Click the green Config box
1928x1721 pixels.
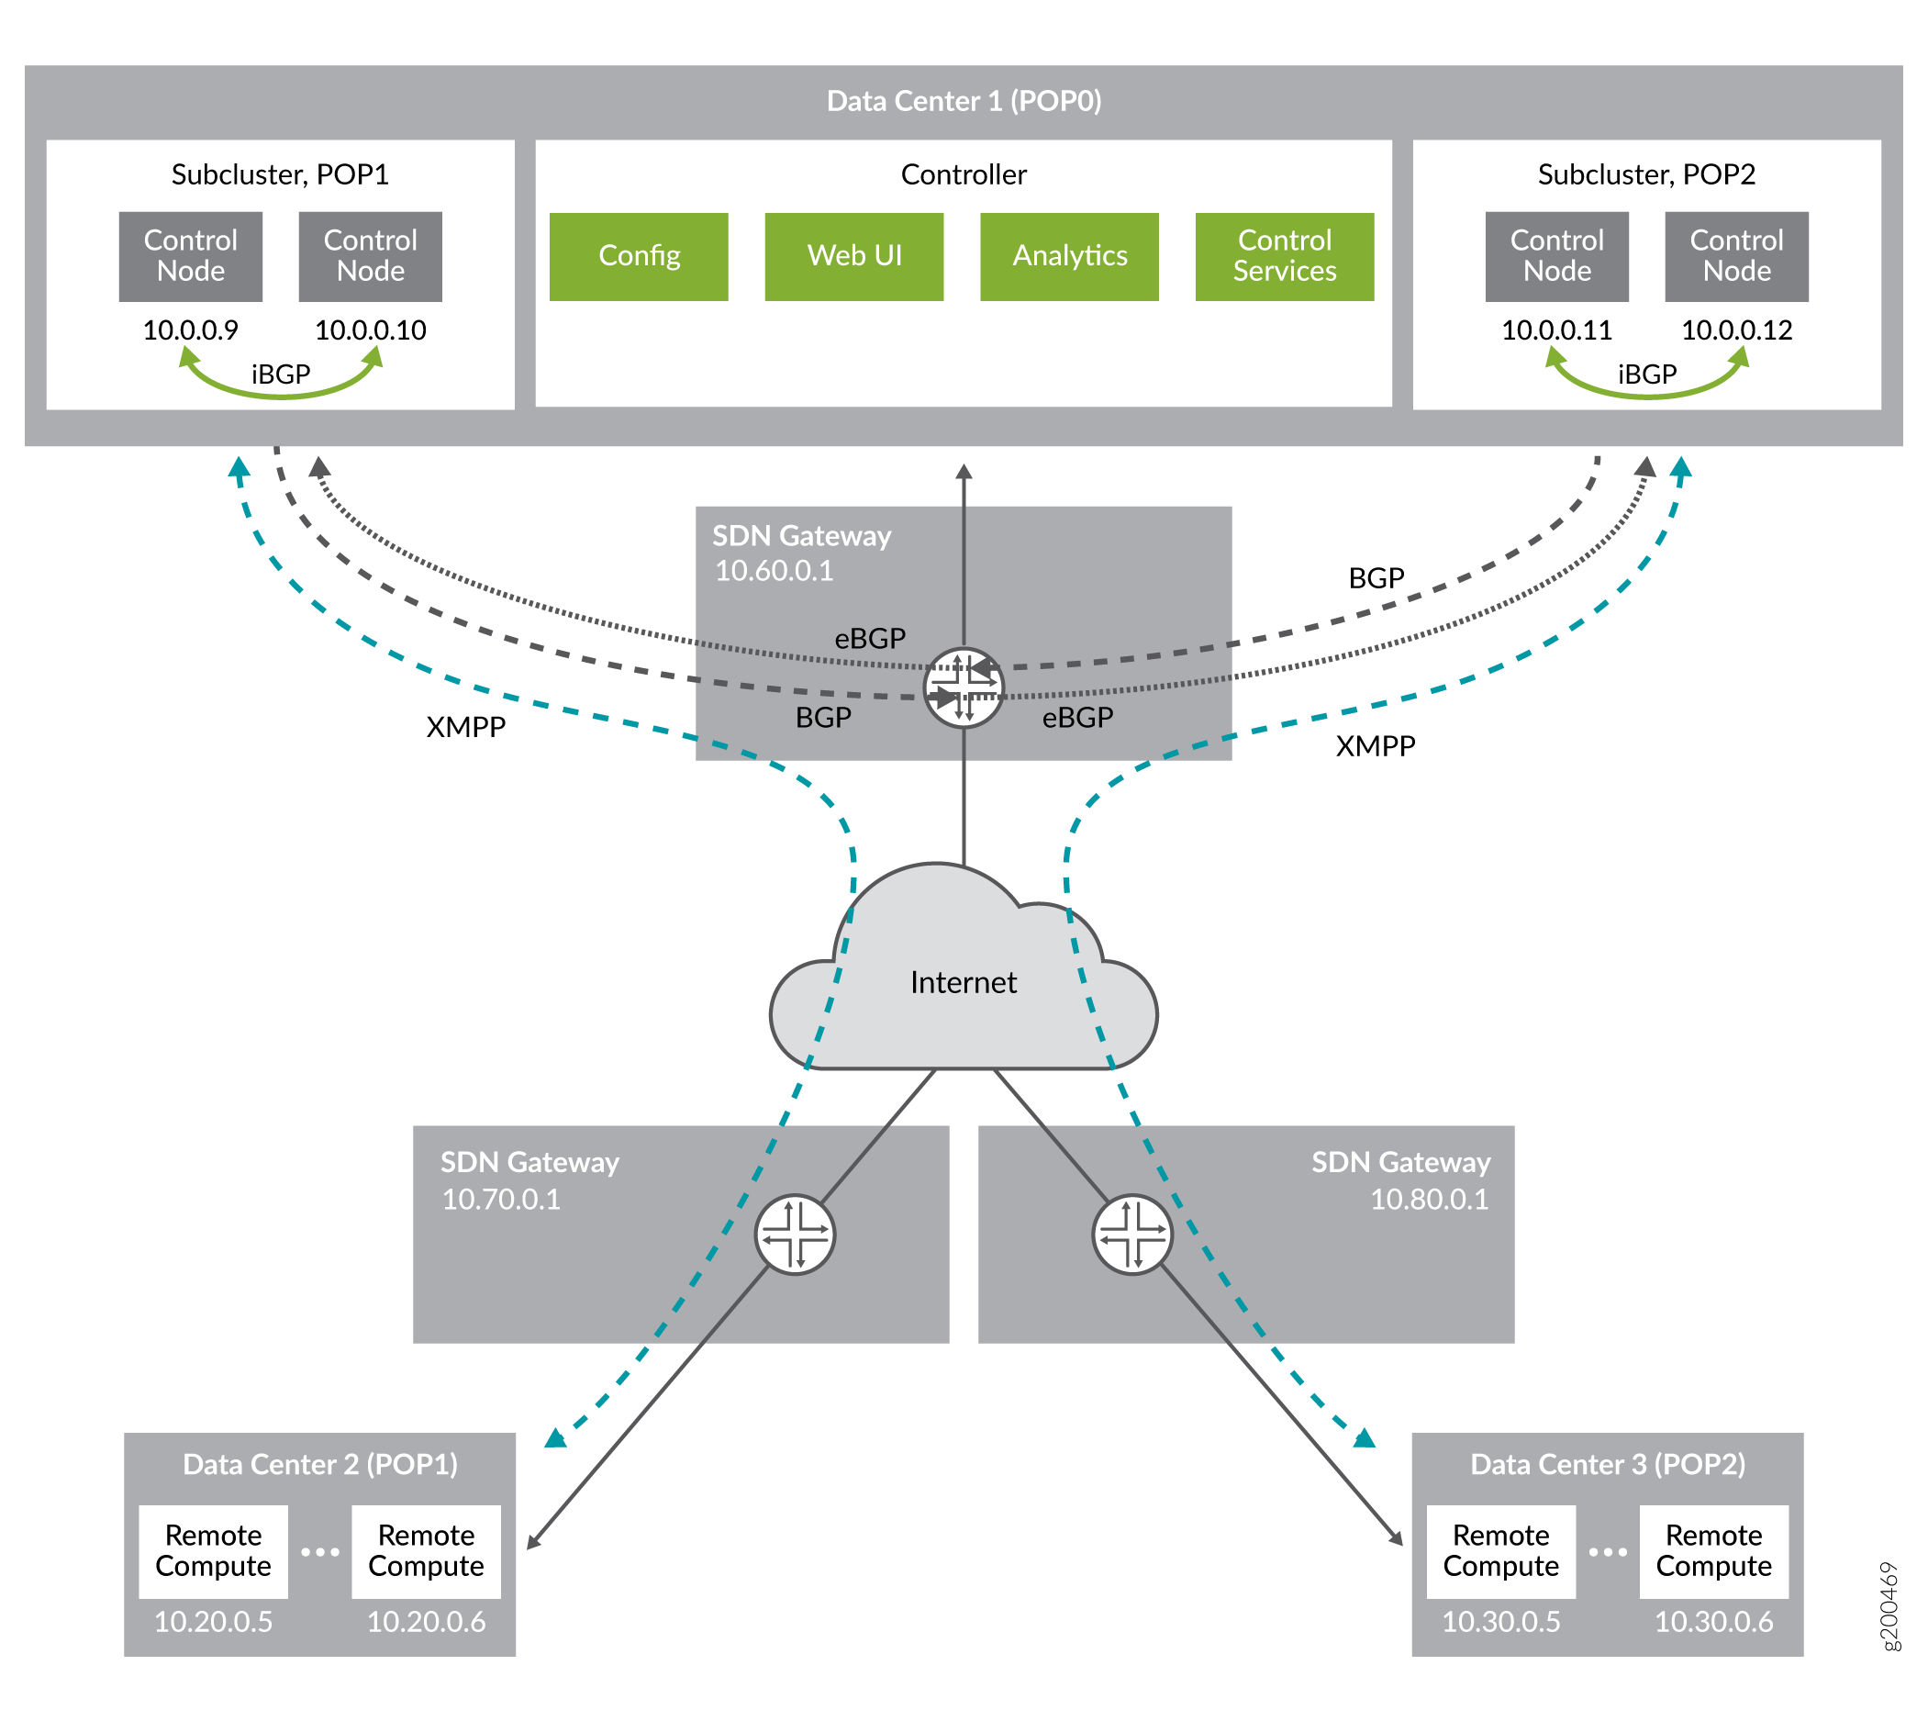point(639,256)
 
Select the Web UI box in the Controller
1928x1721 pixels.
point(853,256)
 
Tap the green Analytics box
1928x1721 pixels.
point(1068,256)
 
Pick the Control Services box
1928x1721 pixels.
point(1283,256)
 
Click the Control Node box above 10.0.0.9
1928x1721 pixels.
point(190,256)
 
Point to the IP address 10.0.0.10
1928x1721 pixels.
point(370,330)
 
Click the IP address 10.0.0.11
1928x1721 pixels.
point(1555,330)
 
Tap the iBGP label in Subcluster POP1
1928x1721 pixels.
point(280,374)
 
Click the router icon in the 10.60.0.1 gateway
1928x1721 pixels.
point(963,687)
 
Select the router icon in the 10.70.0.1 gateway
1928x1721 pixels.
point(795,1234)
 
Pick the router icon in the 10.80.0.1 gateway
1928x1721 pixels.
point(1131,1234)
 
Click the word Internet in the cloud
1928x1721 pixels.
point(963,982)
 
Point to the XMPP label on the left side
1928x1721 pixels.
point(465,726)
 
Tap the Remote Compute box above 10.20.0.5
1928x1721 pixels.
point(213,1551)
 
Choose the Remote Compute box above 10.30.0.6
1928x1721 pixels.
point(1712,1551)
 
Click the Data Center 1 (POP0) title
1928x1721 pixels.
point(963,101)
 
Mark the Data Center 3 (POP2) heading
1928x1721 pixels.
point(1607,1464)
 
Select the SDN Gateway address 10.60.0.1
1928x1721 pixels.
point(774,571)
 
